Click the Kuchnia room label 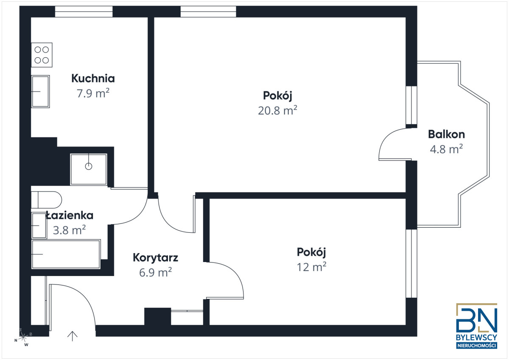click(93, 78)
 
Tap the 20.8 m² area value click(277, 110)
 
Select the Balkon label click(446, 134)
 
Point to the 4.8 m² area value click(446, 149)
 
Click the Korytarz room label click(155, 258)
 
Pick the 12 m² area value click(311, 267)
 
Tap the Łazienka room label click(70, 215)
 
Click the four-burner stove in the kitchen click(42, 55)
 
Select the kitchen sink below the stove click(40, 92)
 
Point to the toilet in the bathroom click(46, 200)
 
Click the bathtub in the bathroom click(66, 254)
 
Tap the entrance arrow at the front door click(72, 336)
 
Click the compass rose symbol click(23, 337)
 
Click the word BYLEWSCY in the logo click(477, 338)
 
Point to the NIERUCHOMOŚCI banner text click(477, 346)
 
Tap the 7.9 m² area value click(93, 93)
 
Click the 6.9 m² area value click(155, 272)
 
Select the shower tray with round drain click(88, 169)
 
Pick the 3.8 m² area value click(69, 230)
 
